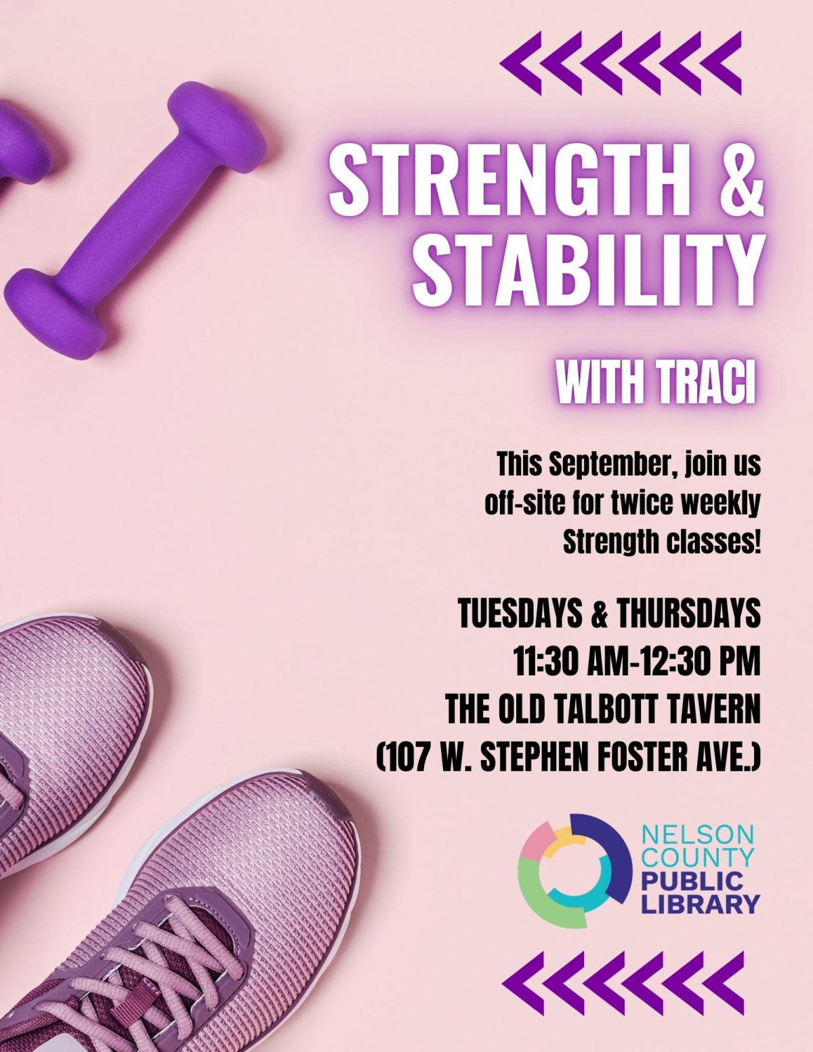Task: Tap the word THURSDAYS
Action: (x=682, y=613)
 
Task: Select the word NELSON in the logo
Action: (x=698, y=834)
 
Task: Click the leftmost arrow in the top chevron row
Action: (x=521, y=63)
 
